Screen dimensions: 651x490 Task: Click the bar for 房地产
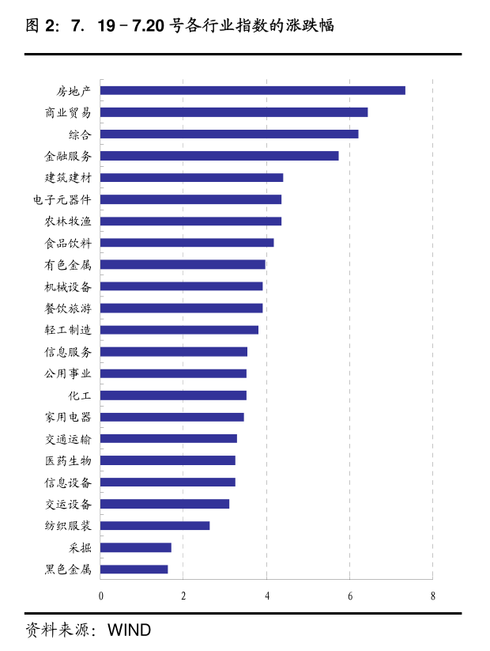click(253, 90)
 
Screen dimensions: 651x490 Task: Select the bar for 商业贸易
click(234, 112)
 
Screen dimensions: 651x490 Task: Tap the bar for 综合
click(229, 134)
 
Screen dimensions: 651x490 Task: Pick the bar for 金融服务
click(219, 156)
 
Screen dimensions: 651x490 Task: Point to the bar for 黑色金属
click(134, 569)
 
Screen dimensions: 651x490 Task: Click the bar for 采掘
click(135, 547)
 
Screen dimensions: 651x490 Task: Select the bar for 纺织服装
click(155, 525)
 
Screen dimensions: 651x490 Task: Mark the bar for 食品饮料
click(187, 243)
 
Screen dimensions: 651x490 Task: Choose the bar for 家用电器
click(171, 417)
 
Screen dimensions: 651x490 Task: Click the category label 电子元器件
click(62, 199)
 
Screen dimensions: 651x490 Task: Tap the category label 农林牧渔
click(68, 221)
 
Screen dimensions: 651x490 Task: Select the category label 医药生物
click(68, 460)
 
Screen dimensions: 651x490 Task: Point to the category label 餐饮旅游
click(68, 308)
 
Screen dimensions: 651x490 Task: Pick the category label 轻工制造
click(68, 330)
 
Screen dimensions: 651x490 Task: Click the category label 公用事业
click(68, 373)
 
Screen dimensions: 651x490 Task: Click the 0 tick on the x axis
click(100, 596)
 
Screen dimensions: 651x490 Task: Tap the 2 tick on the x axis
click(183, 596)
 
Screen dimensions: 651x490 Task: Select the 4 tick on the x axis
click(267, 596)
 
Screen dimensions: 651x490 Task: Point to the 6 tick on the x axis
click(350, 596)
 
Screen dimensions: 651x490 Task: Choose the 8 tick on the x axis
click(433, 596)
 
